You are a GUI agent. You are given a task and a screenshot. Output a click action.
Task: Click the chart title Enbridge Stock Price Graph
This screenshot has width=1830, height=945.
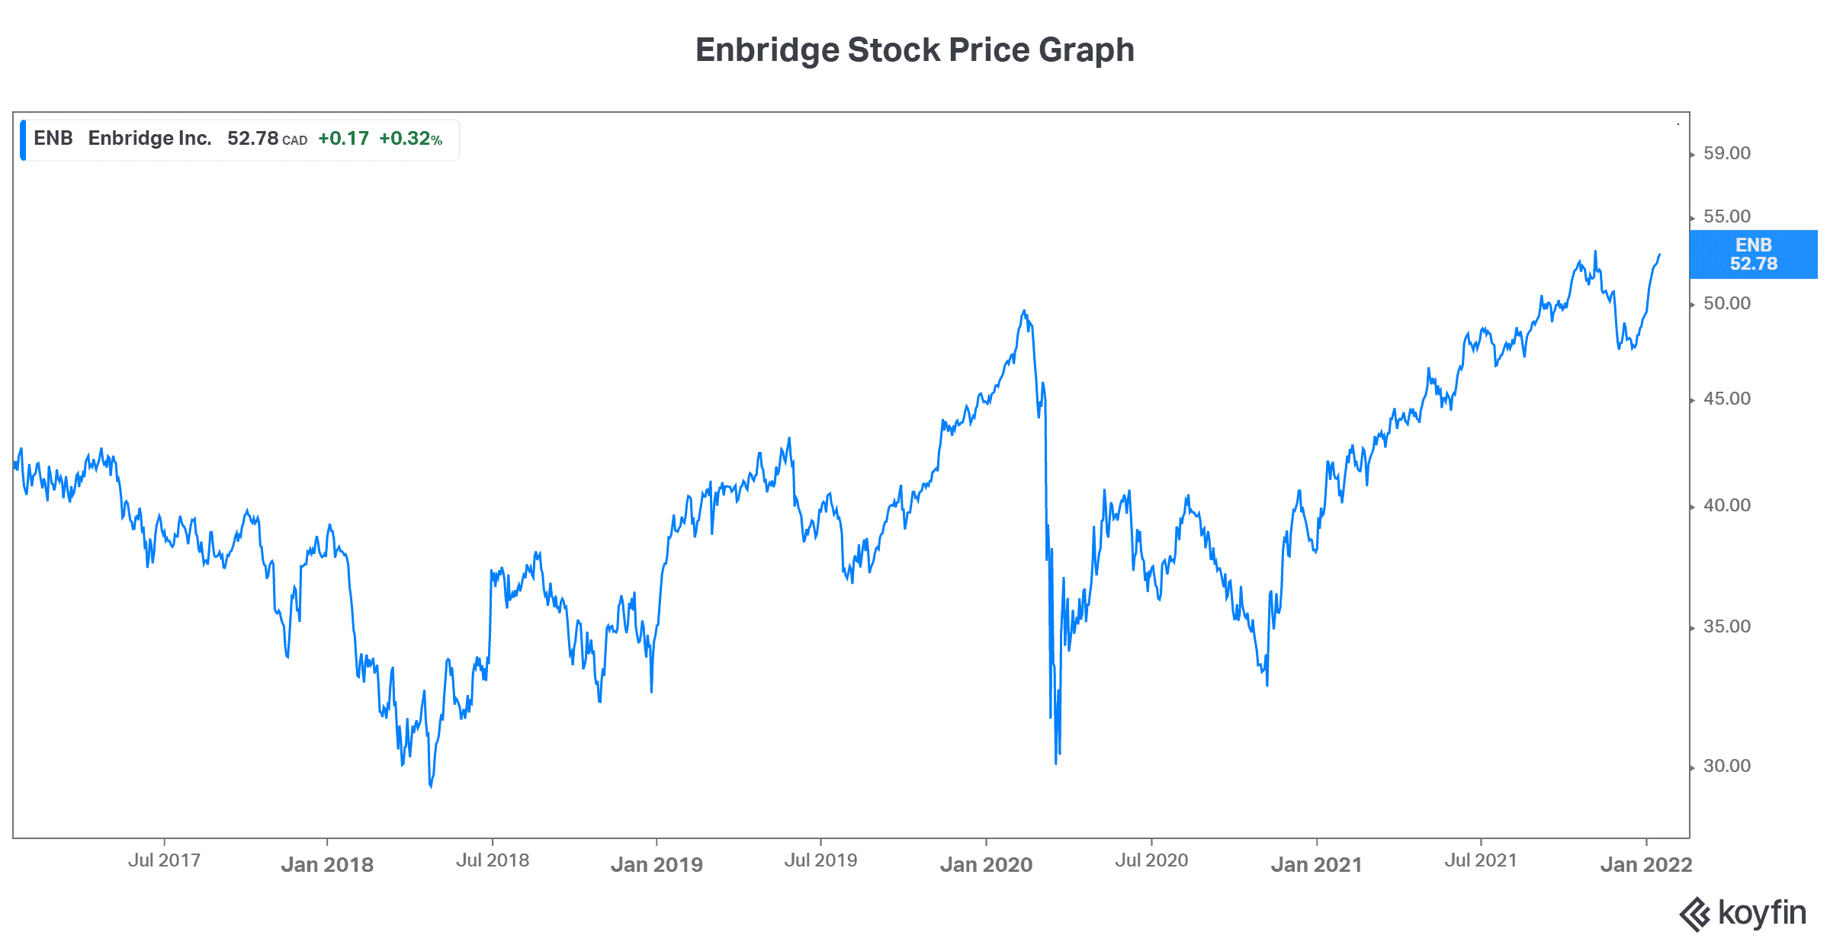[914, 50]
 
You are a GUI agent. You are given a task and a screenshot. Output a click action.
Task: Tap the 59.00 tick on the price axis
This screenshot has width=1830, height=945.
[1726, 153]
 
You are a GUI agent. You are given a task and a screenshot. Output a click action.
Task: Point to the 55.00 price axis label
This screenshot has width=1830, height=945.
[1726, 216]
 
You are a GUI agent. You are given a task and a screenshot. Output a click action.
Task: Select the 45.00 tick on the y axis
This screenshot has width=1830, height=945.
[1726, 399]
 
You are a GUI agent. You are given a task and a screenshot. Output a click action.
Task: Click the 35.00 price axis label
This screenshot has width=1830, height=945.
[1726, 626]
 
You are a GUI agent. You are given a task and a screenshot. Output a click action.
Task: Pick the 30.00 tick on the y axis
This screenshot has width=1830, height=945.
[1726, 766]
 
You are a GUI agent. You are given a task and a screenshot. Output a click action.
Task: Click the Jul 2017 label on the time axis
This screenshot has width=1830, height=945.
[164, 860]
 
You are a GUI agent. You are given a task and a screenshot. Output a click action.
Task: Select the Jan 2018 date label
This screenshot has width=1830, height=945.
[327, 864]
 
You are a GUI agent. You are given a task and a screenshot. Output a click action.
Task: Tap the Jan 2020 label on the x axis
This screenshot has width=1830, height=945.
[986, 864]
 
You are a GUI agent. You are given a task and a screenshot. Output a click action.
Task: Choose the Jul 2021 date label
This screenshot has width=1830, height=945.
[1481, 860]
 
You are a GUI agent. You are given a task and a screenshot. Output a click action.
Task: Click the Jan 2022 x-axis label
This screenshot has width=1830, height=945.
[1646, 864]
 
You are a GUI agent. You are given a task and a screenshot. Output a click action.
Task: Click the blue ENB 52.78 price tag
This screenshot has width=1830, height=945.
[1753, 255]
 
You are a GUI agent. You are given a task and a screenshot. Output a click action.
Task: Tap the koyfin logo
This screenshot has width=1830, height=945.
[1743, 913]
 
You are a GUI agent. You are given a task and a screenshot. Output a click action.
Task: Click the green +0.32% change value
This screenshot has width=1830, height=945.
[410, 139]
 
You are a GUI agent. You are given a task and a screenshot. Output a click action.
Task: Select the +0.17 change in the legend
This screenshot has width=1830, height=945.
[343, 139]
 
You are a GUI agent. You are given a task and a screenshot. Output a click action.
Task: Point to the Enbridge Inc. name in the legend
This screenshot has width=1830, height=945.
[149, 138]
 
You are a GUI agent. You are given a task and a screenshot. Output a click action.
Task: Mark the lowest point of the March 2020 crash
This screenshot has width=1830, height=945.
[1056, 763]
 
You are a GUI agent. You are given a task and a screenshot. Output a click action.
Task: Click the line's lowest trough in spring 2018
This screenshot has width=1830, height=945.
[431, 786]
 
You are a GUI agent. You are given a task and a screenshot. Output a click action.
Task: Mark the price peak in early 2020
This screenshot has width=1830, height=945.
[1024, 311]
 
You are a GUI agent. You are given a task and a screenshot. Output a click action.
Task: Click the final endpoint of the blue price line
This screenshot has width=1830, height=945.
[1659, 255]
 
